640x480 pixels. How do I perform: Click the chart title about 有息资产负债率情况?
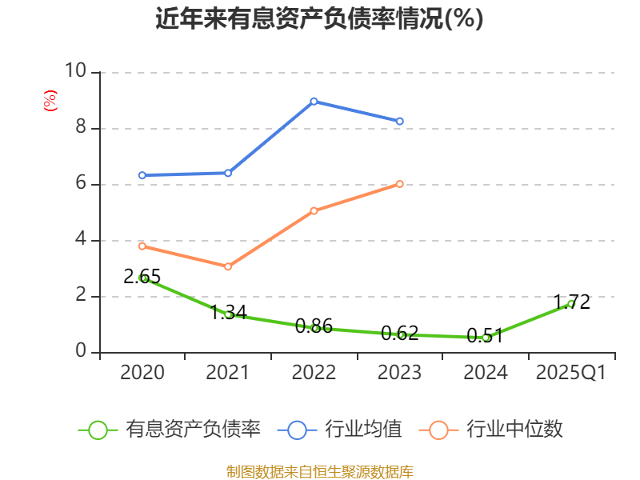click(x=319, y=19)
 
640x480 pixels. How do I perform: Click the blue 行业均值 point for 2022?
click(x=314, y=102)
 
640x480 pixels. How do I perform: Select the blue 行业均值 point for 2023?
click(x=399, y=121)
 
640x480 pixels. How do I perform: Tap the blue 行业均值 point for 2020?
click(x=142, y=175)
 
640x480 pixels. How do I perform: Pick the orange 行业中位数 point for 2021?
click(x=228, y=266)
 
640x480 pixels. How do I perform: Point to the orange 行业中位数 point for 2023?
click(x=399, y=184)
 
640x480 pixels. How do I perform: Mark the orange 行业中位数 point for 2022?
click(x=314, y=211)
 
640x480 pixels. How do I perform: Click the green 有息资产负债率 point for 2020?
click(x=142, y=278)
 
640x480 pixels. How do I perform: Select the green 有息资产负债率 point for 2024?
click(x=485, y=338)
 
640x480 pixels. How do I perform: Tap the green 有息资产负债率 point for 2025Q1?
click(x=570, y=304)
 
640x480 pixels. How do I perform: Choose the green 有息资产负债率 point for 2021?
click(x=228, y=314)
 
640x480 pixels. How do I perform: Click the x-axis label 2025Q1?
click(x=570, y=373)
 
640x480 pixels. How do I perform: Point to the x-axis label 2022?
click(x=314, y=373)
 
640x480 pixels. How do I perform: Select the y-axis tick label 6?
click(x=80, y=183)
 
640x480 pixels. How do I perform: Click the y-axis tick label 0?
click(x=80, y=351)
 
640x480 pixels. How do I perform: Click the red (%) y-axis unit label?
click(x=50, y=101)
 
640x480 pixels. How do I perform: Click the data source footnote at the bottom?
click(x=319, y=471)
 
